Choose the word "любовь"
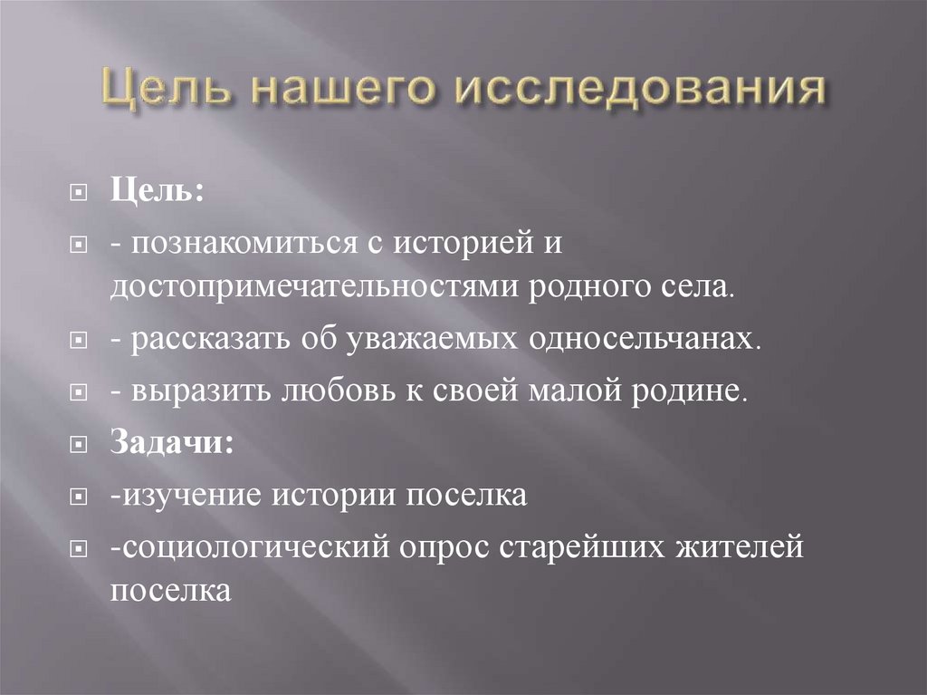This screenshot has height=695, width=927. click(x=330, y=393)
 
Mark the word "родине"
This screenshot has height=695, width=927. click(x=693, y=393)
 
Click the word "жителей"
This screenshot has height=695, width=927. click(x=741, y=549)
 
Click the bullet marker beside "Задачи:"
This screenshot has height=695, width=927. click(x=80, y=446)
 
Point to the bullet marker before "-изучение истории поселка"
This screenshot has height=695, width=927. click(x=80, y=497)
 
